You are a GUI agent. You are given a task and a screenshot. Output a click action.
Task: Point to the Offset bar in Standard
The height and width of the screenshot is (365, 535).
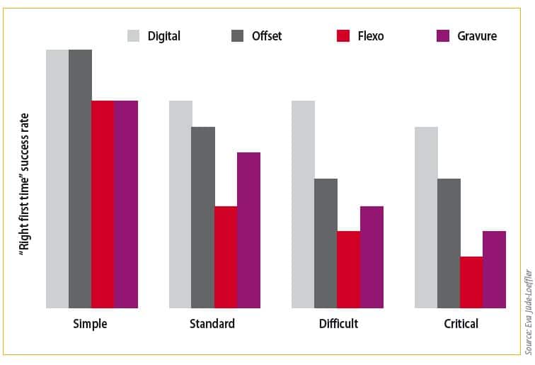[x=203, y=217]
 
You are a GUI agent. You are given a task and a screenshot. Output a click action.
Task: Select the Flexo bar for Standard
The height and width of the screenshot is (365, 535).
[x=226, y=257]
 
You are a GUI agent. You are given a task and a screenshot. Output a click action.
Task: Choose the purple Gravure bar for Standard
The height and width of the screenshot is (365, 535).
[x=248, y=230]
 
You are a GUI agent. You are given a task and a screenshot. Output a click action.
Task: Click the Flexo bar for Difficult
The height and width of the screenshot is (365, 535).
[x=348, y=269]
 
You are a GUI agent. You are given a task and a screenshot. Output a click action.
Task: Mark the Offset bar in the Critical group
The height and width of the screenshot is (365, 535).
[x=449, y=243]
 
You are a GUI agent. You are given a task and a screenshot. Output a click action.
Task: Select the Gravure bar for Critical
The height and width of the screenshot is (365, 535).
[x=494, y=269]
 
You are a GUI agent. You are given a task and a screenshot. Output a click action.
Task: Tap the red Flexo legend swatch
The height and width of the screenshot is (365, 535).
[x=343, y=35]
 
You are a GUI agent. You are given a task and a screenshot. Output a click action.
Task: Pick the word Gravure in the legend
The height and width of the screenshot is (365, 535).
[x=476, y=35]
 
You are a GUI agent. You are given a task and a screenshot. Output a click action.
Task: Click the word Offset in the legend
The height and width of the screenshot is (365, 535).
[x=267, y=35]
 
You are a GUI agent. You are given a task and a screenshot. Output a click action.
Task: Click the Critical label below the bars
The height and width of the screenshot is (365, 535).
[x=460, y=324]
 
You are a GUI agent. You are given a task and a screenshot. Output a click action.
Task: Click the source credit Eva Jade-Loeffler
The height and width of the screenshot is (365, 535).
[x=528, y=311]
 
